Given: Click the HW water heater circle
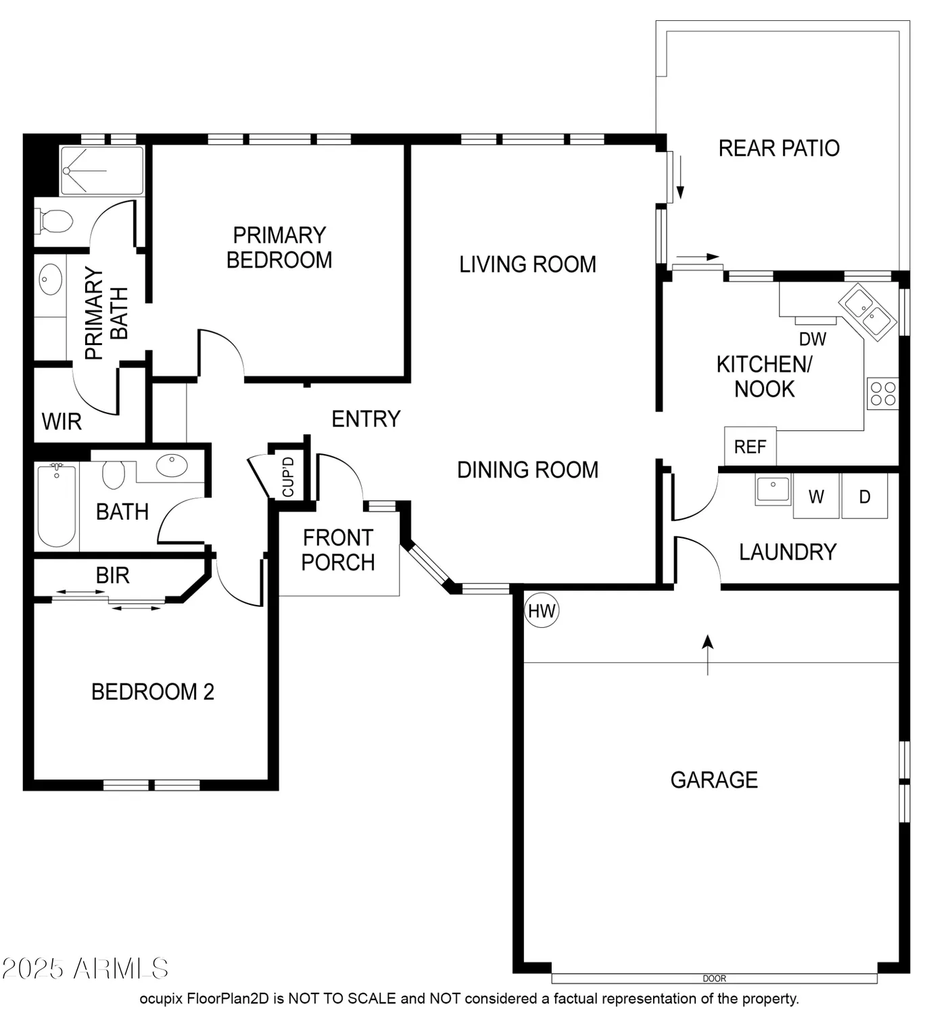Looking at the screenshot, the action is pyautogui.click(x=541, y=611).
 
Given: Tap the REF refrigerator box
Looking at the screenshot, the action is pyautogui.click(x=750, y=447).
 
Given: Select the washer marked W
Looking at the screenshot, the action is pyautogui.click(x=815, y=496).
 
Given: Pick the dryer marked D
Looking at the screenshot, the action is pyautogui.click(x=864, y=496).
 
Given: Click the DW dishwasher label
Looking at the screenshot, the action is pyautogui.click(x=812, y=339).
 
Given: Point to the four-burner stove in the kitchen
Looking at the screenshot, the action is pyautogui.click(x=883, y=393).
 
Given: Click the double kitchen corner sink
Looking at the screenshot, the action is pyautogui.click(x=867, y=312).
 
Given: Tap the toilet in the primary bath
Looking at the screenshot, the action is pyautogui.click(x=53, y=222).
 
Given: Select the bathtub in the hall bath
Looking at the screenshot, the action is pyautogui.click(x=57, y=505).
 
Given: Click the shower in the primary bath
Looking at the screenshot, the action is pyautogui.click(x=101, y=171).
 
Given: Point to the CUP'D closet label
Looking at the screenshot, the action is pyautogui.click(x=288, y=476).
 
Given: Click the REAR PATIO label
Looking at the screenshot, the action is pyautogui.click(x=779, y=148).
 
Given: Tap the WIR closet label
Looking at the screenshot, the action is pyautogui.click(x=62, y=422).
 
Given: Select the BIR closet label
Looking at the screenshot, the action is pyautogui.click(x=113, y=575).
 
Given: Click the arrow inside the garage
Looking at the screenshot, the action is pyautogui.click(x=707, y=655).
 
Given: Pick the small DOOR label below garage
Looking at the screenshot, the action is pyautogui.click(x=714, y=978).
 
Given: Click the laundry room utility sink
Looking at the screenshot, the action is pyautogui.click(x=773, y=489).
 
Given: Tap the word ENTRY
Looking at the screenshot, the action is pyautogui.click(x=366, y=419).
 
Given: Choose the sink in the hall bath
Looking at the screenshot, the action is pyautogui.click(x=172, y=465).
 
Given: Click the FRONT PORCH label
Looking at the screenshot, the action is pyautogui.click(x=338, y=550).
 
